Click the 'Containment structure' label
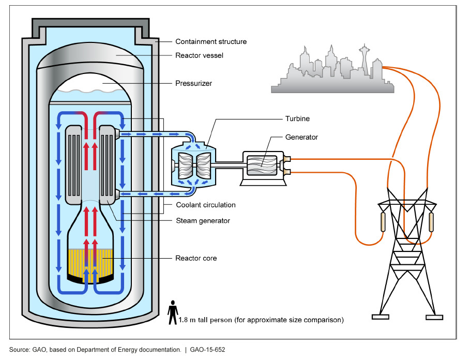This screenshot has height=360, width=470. [x=211, y=41]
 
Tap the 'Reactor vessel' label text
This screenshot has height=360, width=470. [x=199, y=55]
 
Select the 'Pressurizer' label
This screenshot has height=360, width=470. [x=193, y=83]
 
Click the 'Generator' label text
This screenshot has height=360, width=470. [x=301, y=138]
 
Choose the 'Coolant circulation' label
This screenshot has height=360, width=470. [x=205, y=205]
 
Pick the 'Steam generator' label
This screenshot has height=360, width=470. [x=203, y=221]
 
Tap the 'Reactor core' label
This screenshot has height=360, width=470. [x=196, y=258]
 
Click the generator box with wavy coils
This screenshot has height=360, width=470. [x=263, y=168]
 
